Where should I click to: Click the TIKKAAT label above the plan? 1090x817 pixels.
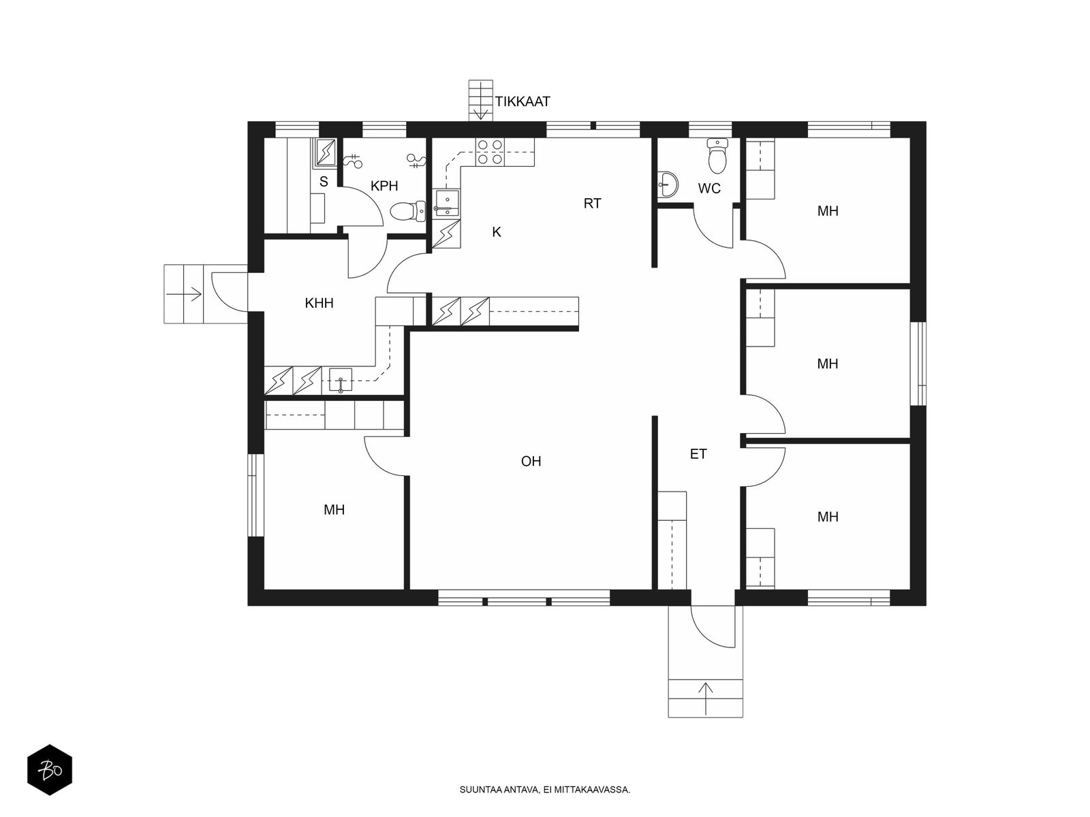pyautogui.click(x=523, y=101)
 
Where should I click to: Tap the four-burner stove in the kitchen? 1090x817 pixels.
pyautogui.click(x=490, y=152)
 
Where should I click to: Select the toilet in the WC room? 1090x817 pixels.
pyautogui.click(x=717, y=156)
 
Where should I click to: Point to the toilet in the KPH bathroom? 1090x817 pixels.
pyautogui.click(x=407, y=212)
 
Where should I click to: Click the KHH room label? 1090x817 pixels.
pyautogui.click(x=320, y=303)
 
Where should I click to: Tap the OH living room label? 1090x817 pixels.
pyautogui.click(x=531, y=462)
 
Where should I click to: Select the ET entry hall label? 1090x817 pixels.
pyautogui.click(x=698, y=454)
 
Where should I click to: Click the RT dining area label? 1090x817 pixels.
pyautogui.click(x=593, y=204)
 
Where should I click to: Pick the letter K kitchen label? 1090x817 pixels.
pyautogui.click(x=497, y=231)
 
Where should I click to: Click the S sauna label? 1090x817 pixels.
pyautogui.click(x=324, y=182)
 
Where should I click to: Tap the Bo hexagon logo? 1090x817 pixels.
pyautogui.click(x=50, y=769)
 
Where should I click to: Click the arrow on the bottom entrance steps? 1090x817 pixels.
pyautogui.click(x=706, y=698)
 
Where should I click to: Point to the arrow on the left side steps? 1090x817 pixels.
pyautogui.click(x=184, y=294)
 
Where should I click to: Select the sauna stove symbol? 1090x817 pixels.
pyautogui.click(x=326, y=152)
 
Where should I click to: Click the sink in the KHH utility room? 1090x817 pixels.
pyautogui.click(x=341, y=381)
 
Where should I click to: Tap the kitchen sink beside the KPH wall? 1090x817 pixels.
pyautogui.click(x=448, y=204)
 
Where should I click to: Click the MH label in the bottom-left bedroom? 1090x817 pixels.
pyautogui.click(x=334, y=509)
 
